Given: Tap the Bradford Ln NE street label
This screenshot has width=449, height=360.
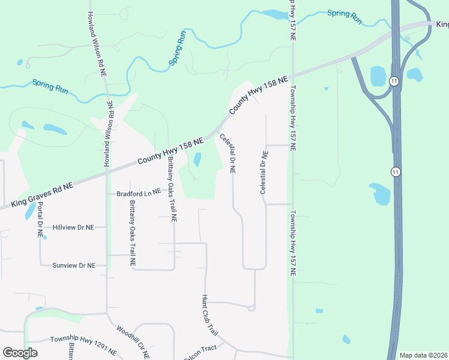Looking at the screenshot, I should click(x=139, y=193).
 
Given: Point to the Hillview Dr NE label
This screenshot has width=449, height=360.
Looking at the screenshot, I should click(x=74, y=227).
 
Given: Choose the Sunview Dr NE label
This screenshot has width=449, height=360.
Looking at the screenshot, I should click(x=74, y=265).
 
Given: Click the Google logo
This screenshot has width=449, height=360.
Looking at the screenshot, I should click(x=20, y=353).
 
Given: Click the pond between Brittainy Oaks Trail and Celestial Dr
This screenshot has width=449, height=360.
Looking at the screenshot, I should click(x=197, y=160).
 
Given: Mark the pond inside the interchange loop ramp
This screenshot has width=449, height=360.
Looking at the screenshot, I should click(x=379, y=76).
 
